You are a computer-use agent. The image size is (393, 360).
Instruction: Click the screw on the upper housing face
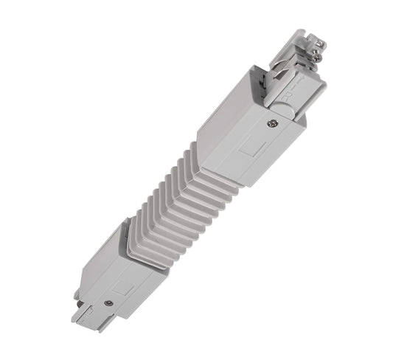coord(271,126)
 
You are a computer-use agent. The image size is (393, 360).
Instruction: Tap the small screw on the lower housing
coord(109,302)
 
